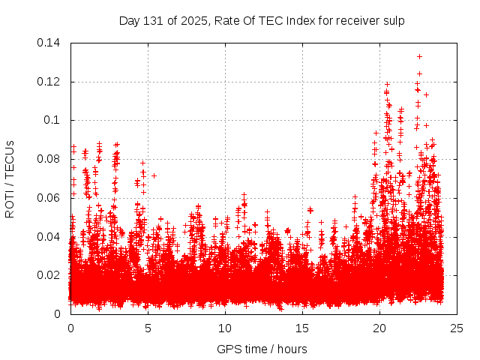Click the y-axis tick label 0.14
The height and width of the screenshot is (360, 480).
[x=49, y=43]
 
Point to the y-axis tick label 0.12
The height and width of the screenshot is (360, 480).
[x=49, y=82]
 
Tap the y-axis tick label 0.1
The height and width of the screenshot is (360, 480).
[x=52, y=120]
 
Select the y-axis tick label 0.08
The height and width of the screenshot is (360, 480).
[x=49, y=159]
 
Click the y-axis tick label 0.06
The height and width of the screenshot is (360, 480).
[x=49, y=198]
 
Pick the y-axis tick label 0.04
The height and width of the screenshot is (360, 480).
[x=49, y=236]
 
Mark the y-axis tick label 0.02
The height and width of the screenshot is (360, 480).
[x=49, y=275]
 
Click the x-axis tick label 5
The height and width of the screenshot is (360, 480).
[x=148, y=328]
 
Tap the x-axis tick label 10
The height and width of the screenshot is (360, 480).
[x=225, y=328]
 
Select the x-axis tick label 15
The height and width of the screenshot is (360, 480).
[x=302, y=328]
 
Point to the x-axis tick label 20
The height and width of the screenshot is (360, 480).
[x=379, y=328]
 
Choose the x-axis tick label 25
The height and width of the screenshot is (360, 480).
[x=457, y=328]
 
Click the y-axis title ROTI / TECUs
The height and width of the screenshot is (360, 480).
[x=10, y=178]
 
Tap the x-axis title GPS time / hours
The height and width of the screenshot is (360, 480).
[x=262, y=349]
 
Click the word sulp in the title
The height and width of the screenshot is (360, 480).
[x=394, y=21]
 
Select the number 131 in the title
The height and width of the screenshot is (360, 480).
[x=154, y=21]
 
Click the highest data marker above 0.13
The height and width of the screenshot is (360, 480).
[x=419, y=56]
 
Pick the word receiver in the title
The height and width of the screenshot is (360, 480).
[x=357, y=21]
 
